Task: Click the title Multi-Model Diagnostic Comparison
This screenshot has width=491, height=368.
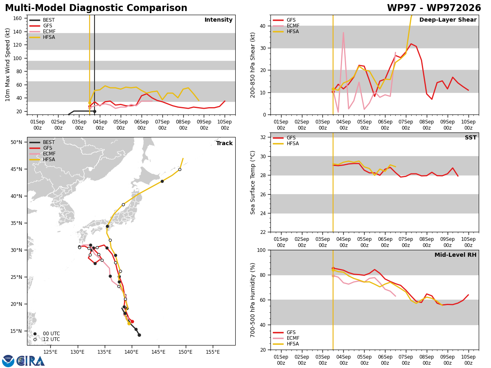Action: (x=96, y=8)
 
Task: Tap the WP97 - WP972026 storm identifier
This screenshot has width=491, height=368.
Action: (x=434, y=8)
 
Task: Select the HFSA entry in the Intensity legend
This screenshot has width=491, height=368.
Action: (x=42, y=37)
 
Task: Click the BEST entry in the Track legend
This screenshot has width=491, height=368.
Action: (x=42, y=142)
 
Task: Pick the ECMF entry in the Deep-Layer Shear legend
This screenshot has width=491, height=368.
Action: (x=286, y=26)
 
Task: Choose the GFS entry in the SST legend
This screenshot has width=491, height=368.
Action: (x=284, y=138)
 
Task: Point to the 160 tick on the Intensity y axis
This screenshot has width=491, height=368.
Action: (x=17, y=18)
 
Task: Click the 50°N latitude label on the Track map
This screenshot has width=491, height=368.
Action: (x=16, y=142)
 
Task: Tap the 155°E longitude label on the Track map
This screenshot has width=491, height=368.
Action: (x=212, y=352)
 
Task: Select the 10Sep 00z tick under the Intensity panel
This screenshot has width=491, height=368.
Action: (x=225, y=125)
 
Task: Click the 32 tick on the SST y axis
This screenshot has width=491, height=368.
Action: (x=263, y=137)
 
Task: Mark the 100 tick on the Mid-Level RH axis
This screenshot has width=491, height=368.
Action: (x=261, y=250)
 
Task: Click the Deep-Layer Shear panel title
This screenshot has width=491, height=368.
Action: (x=448, y=20)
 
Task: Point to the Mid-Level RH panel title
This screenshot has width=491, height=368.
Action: (x=455, y=255)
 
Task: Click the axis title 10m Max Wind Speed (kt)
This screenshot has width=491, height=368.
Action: (x=8, y=65)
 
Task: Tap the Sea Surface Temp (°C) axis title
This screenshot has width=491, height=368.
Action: (x=252, y=182)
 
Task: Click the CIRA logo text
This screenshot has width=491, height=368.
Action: (x=30, y=361)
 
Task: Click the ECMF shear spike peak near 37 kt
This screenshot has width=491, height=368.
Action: (x=343, y=33)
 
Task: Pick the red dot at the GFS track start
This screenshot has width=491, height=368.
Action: (x=132, y=321)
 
